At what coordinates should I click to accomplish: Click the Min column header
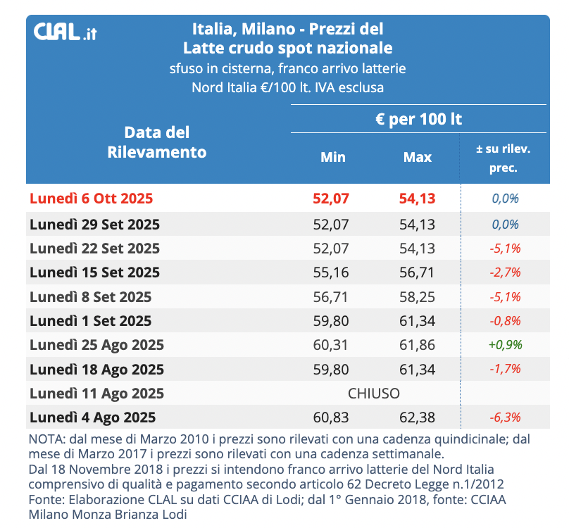[x=333, y=157]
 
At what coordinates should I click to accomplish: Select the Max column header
[x=417, y=157]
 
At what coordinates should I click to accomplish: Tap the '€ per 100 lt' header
[x=418, y=119]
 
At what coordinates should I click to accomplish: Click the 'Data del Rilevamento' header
[x=157, y=142]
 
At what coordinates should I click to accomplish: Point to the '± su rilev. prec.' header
[x=504, y=158]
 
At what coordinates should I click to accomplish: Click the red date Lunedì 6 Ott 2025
[x=91, y=199]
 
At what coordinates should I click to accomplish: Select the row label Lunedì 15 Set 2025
[x=94, y=272]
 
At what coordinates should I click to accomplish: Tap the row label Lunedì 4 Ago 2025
[x=92, y=417]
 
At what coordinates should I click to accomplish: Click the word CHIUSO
[x=374, y=392]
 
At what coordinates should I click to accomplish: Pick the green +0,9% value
[x=505, y=344]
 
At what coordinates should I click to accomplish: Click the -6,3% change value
[x=505, y=417]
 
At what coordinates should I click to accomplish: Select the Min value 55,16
[x=331, y=272]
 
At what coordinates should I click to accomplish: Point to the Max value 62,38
[x=418, y=417]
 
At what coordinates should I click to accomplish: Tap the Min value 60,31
[x=331, y=344]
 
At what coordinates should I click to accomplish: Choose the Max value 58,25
[x=418, y=296]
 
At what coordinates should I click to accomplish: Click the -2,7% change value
[x=505, y=272]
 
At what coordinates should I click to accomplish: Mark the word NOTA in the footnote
[x=46, y=439]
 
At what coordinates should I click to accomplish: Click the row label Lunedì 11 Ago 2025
[x=96, y=393]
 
